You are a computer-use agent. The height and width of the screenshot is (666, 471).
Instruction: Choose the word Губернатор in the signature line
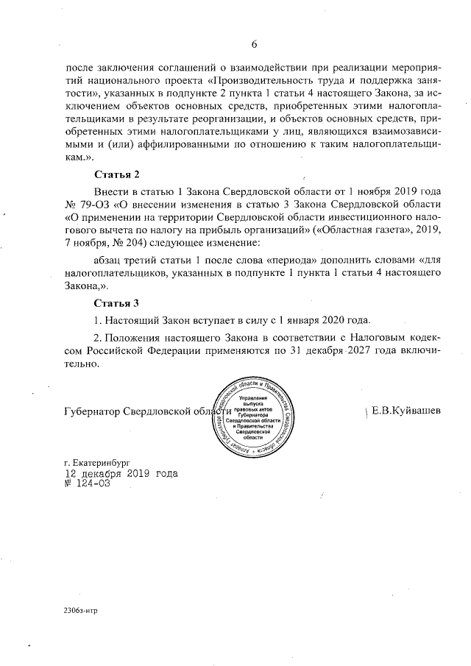pos(91,411)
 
